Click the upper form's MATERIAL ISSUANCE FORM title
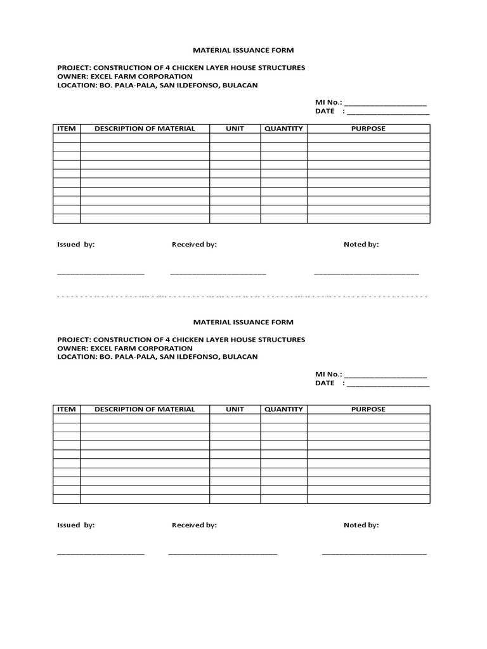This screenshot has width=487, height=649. (x=243, y=50)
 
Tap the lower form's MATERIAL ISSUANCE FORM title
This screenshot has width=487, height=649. (x=243, y=322)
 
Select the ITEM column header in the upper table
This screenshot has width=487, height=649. (x=67, y=129)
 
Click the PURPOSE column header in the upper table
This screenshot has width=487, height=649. (x=368, y=129)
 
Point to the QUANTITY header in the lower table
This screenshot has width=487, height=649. (x=283, y=409)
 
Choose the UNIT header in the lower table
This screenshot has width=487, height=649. (x=235, y=409)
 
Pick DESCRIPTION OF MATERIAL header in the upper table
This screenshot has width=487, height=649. (x=145, y=129)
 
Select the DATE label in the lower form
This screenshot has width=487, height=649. (x=325, y=383)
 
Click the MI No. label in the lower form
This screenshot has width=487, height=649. (x=328, y=375)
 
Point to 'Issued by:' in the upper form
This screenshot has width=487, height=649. (x=76, y=245)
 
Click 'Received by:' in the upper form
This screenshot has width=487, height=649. (x=194, y=245)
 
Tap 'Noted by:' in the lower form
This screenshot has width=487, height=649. (x=361, y=525)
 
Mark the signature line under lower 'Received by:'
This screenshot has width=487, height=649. (x=223, y=554)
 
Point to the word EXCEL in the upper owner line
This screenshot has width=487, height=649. (x=100, y=76)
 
